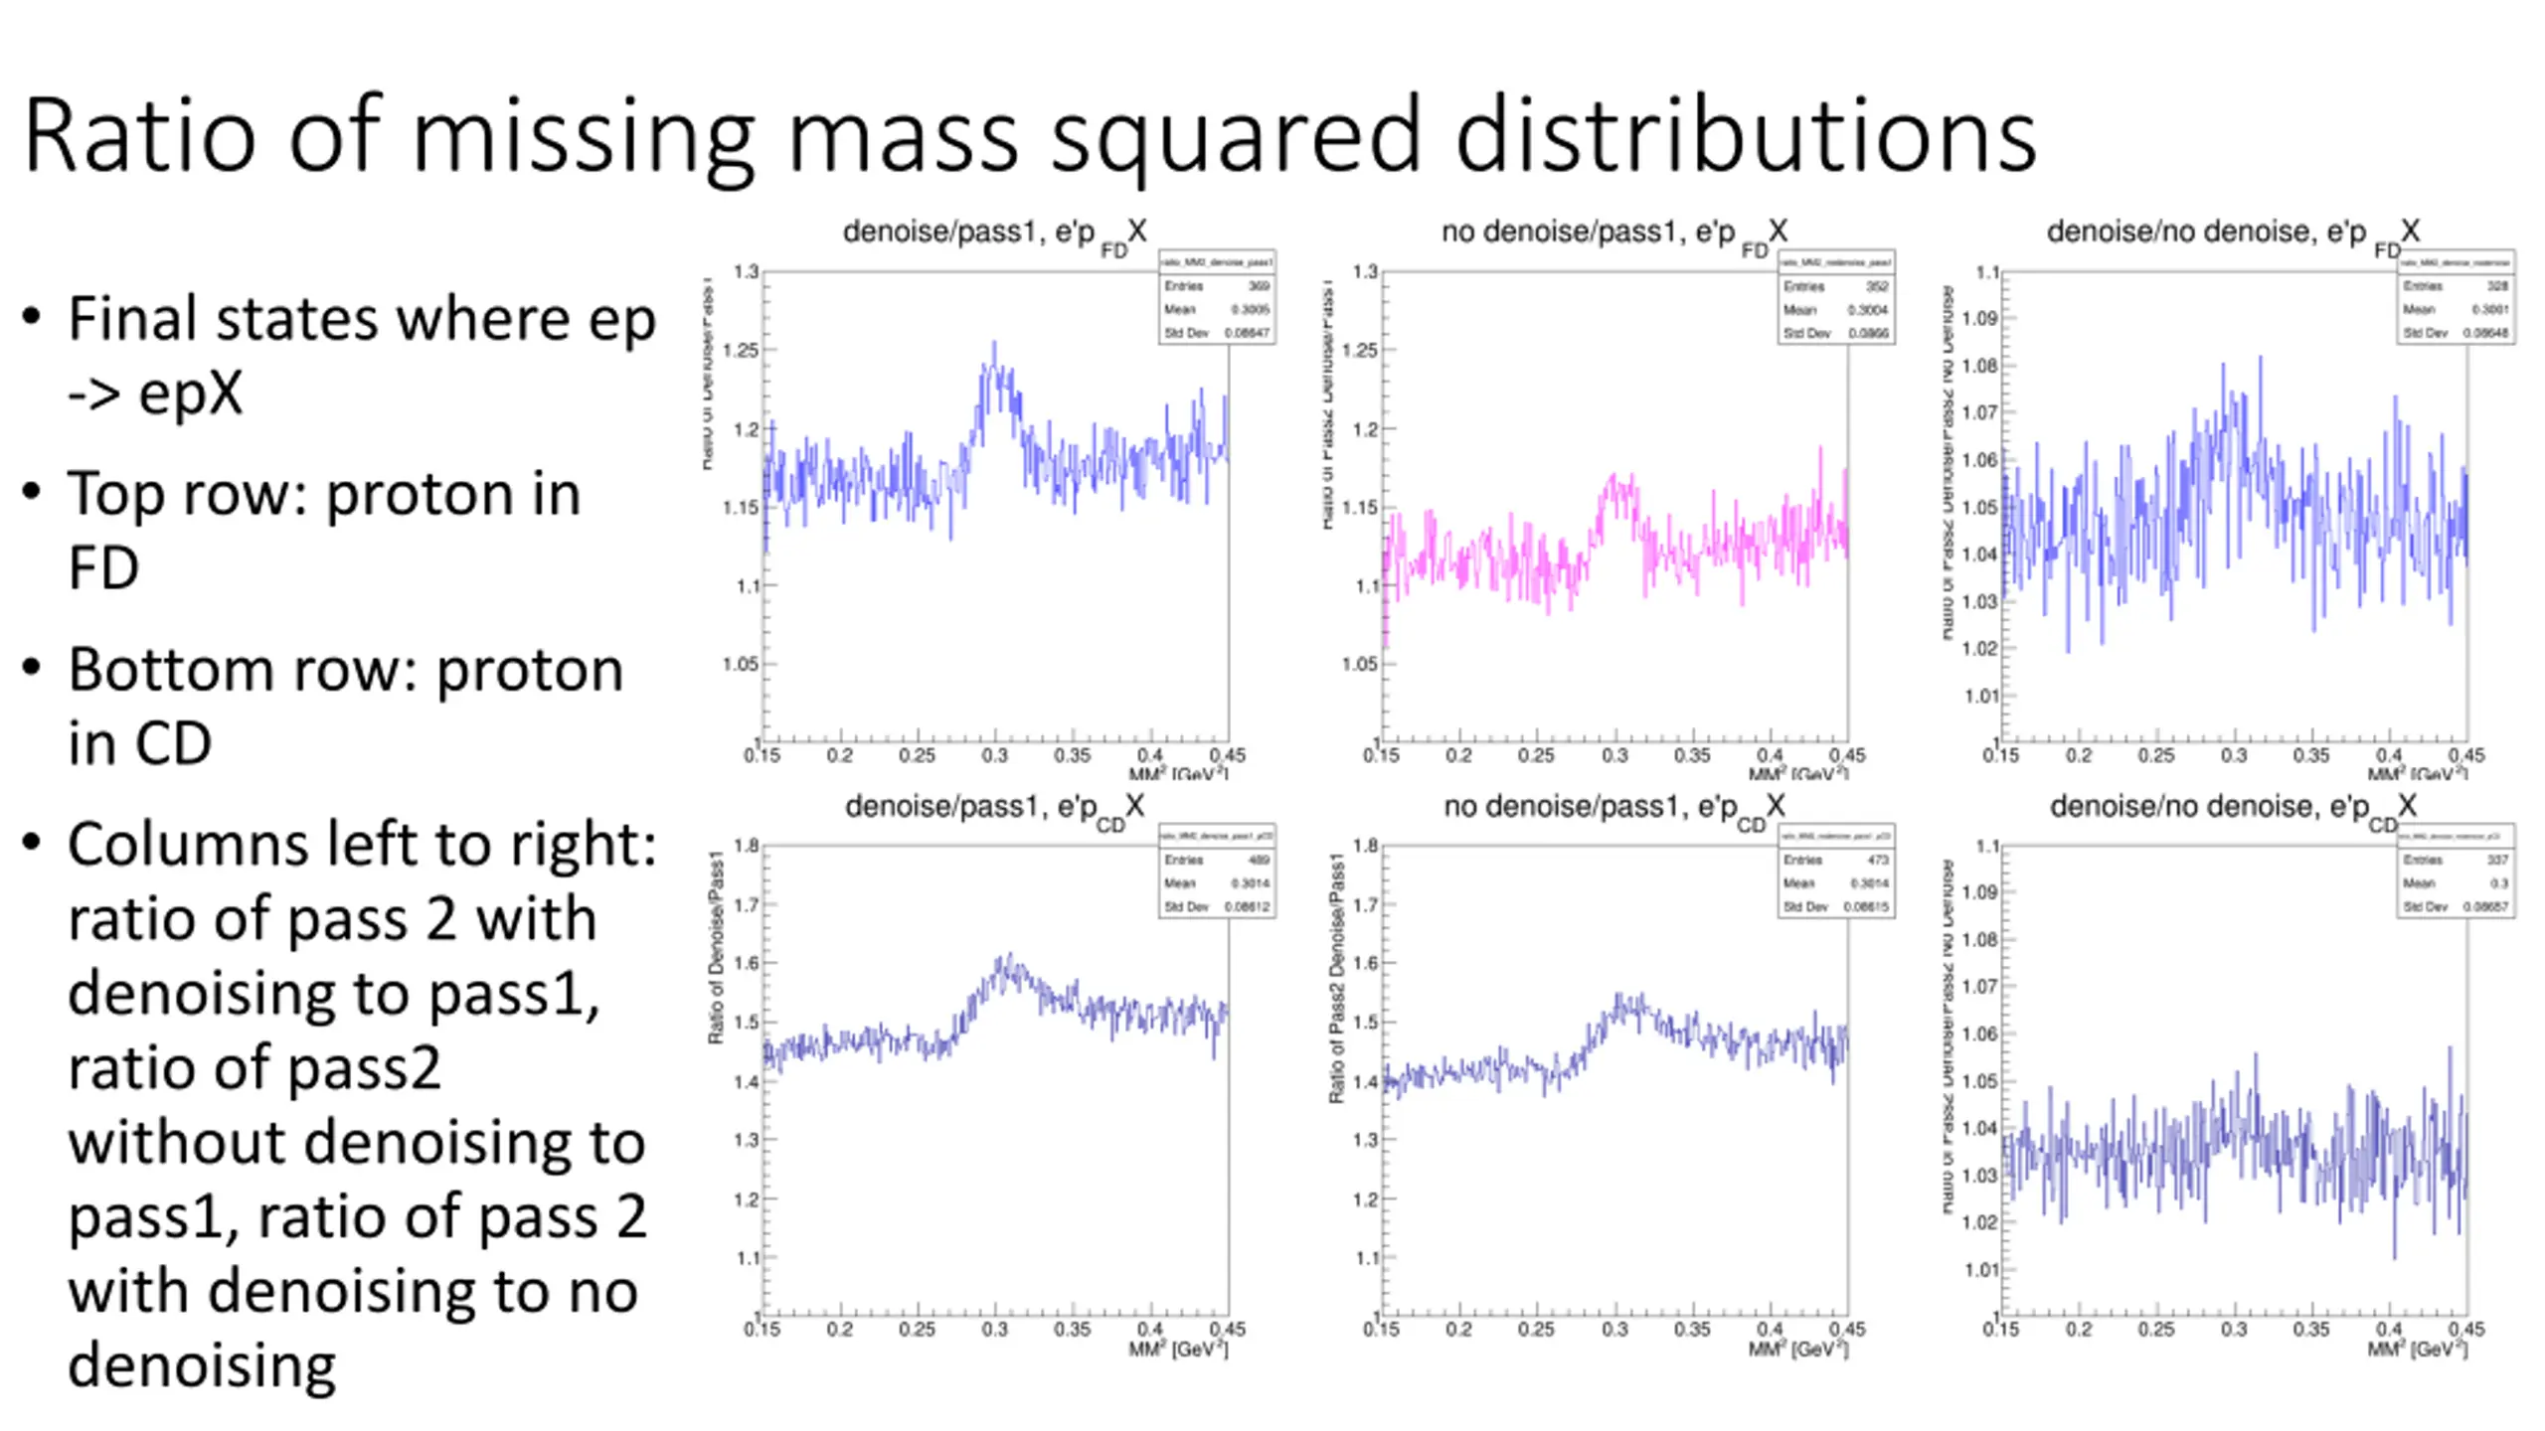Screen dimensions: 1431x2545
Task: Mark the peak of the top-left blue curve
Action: pyautogui.click(x=994, y=344)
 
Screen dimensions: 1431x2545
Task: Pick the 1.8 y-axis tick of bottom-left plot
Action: pyautogui.click(x=747, y=846)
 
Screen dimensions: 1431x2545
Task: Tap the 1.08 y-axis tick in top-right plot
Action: pyautogui.click(x=1980, y=366)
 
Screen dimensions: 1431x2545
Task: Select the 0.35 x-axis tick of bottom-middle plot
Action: pyautogui.click(x=1692, y=1330)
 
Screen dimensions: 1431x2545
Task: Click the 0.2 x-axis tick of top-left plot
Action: pyautogui.click(x=840, y=755)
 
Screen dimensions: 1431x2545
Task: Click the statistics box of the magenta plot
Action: pyautogui.click(x=1836, y=298)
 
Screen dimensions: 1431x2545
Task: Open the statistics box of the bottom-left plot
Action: pyautogui.click(x=1217, y=872)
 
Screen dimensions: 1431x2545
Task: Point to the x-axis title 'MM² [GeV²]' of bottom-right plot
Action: pyautogui.click(x=2417, y=1350)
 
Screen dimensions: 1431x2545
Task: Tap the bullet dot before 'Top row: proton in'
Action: pyautogui.click(x=32, y=492)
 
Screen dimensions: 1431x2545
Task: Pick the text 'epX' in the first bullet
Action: pyautogui.click(x=190, y=394)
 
